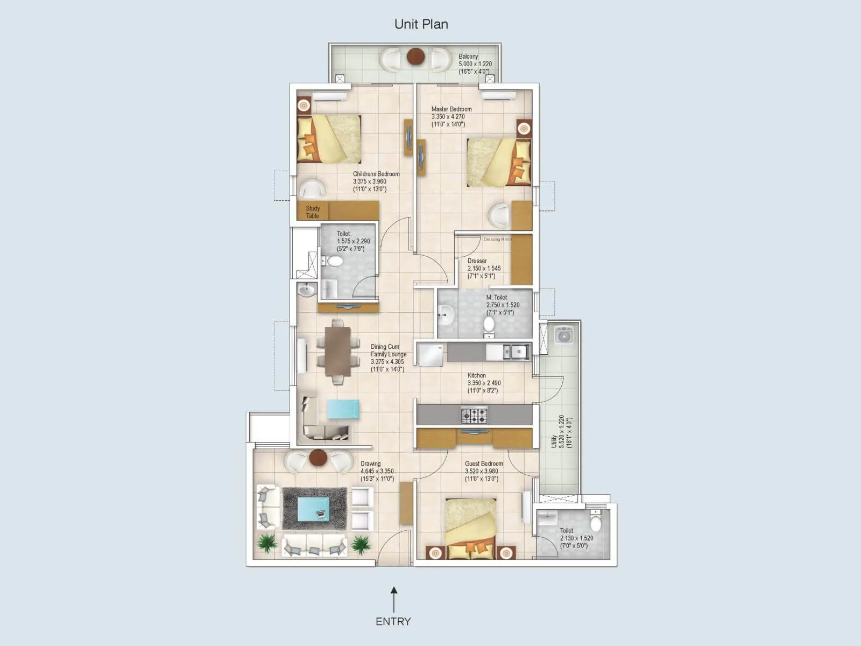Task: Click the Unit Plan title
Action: coord(421,24)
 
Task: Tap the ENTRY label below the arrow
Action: coord(393,621)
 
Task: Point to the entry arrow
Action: coord(394,599)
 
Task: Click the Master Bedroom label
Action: coord(451,109)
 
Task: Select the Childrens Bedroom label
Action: coord(376,174)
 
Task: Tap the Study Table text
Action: coord(313,212)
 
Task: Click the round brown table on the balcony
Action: coord(415,56)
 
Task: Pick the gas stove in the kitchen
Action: coord(474,415)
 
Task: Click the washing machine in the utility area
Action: coord(564,336)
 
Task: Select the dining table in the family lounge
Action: coord(338,352)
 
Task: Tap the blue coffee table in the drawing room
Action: coord(314,509)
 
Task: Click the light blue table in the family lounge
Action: coord(343,409)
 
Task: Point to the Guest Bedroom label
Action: coord(484,464)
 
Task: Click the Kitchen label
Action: coord(476,375)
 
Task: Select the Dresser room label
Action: coord(477,261)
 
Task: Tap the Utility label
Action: coord(554,441)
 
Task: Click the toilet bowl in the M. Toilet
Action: coord(489,324)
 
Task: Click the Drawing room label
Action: coord(370,464)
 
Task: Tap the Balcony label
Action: coord(468,57)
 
